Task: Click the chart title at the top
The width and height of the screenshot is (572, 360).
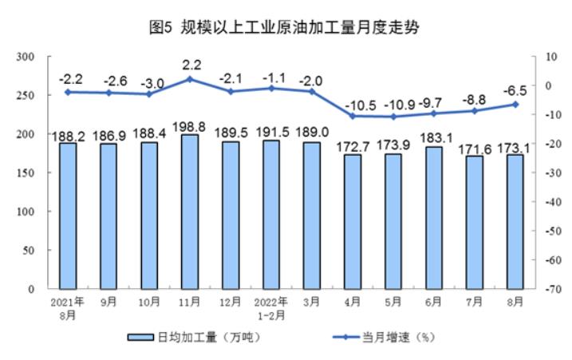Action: tap(286, 27)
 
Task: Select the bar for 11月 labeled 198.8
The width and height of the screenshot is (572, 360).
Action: tap(190, 212)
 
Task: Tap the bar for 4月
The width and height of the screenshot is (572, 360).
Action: tap(353, 221)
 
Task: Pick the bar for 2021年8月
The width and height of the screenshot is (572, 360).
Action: tap(68, 216)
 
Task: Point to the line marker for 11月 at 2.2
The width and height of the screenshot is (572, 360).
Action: tap(190, 79)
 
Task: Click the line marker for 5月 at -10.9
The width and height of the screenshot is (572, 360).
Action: tap(393, 117)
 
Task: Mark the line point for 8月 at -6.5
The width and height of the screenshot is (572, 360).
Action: tap(515, 104)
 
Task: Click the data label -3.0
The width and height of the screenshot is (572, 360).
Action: tap(149, 82)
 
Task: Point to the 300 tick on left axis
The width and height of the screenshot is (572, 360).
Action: tap(28, 57)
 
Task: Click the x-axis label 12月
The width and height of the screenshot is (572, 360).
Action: tap(231, 302)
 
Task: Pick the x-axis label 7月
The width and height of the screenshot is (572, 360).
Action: tap(475, 302)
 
